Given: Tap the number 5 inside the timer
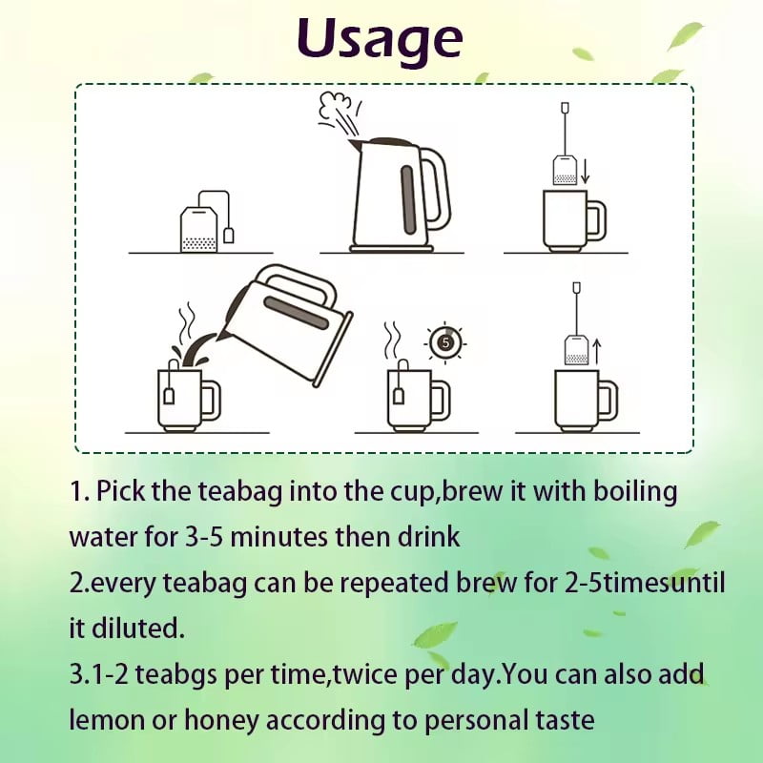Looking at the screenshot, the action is [445, 342].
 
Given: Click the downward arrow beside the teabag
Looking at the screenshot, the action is [585, 171].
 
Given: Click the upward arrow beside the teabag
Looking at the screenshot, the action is [598, 350].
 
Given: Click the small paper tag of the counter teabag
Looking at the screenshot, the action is [229, 236].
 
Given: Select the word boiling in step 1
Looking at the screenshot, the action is [635, 491].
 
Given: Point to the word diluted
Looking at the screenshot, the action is [138, 628].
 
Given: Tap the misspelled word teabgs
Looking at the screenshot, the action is [175, 676].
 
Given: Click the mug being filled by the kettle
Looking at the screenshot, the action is [189, 400].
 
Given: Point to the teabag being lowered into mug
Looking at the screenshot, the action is [565, 170].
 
